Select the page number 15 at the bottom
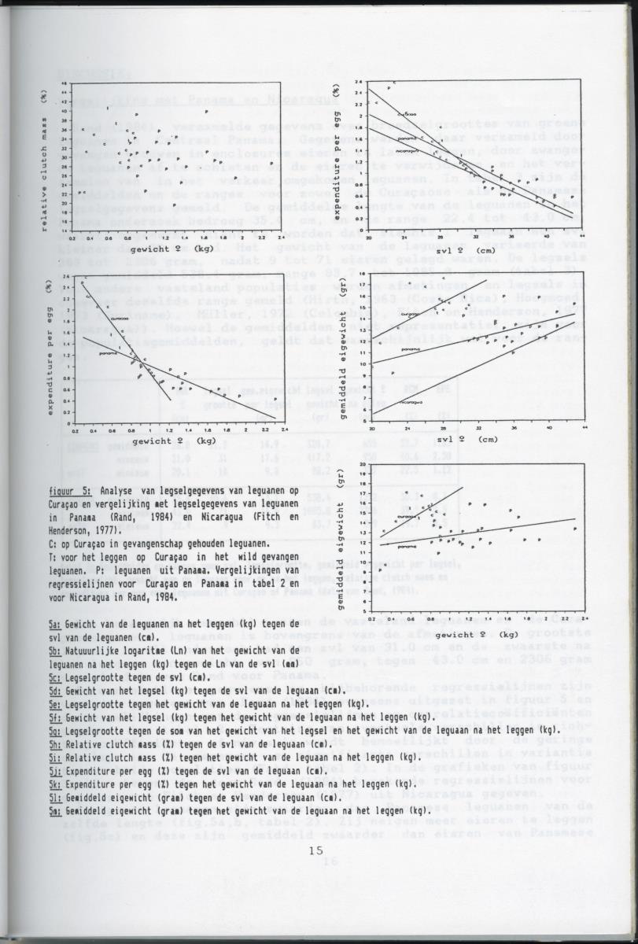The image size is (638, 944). point(315,850)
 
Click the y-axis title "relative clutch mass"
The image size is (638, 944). point(45,164)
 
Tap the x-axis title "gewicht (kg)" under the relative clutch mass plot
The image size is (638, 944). point(171,249)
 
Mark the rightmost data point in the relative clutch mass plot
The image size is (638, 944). point(271,164)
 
